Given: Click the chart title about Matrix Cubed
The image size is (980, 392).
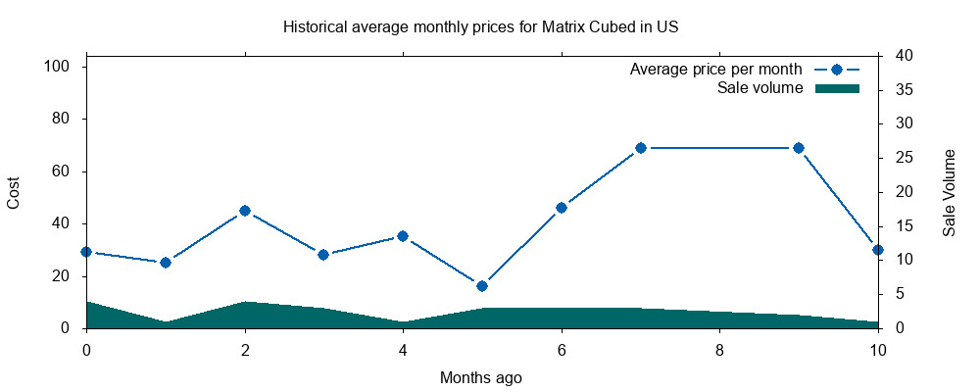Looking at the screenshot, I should [480, 26].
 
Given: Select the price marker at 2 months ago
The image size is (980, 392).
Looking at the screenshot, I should [245, 211].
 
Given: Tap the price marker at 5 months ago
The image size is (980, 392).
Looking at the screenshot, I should [482, 286].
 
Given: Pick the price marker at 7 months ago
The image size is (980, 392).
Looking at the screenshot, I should [641, 148].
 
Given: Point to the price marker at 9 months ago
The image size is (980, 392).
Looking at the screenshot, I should [799, 148].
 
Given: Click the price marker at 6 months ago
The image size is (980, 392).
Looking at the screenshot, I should [562, 208].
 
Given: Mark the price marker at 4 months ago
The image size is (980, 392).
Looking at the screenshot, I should [403, 236].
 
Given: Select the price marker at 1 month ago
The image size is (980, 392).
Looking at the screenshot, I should [166, 263].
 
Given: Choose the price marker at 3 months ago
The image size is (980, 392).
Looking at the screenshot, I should [323, 255].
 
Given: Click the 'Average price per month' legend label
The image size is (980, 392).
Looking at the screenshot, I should [716, 70].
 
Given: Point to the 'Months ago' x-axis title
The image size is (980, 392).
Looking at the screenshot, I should [481, 377].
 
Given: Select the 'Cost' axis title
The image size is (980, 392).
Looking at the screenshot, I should [14, 191].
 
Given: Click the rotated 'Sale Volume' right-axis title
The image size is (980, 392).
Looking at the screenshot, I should [950, 192].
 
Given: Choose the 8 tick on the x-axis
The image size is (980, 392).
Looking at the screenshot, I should [719, 349].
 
